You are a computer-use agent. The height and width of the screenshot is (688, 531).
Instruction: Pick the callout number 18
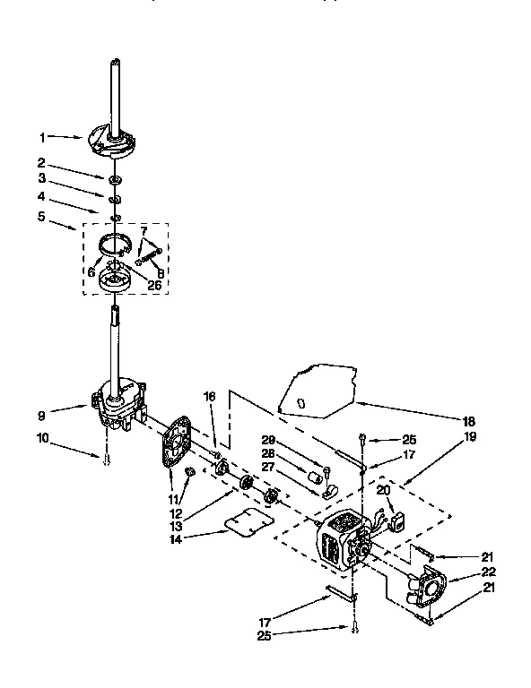point(469,420)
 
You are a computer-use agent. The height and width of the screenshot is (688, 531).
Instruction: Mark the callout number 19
point(469,438)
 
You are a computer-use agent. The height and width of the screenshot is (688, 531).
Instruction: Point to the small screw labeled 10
point(106,460)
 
